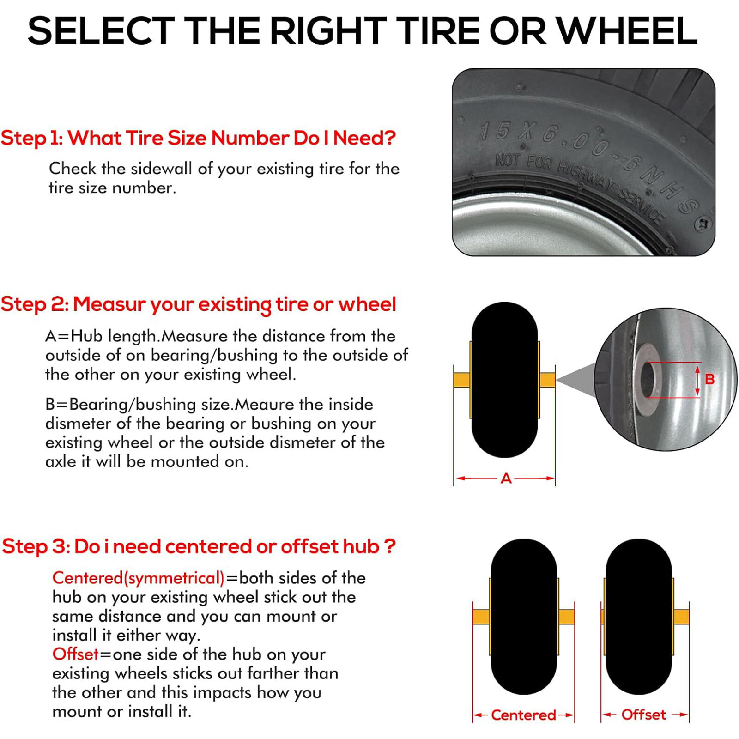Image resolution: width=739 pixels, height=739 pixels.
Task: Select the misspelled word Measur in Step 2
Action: (x=109, y=304)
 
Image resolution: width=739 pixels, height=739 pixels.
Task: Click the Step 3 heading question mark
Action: (x=390, y=546)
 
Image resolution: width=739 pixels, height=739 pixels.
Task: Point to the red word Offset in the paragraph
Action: (x=75, y=654)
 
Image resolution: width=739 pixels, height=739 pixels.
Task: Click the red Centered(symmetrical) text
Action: (x=138, y=578)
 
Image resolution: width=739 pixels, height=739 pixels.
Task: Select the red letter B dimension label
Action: (x=709, y=380)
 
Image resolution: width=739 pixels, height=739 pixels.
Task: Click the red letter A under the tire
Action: (x=506, y=479)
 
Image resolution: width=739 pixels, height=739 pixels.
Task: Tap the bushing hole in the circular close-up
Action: (x=648, y=380)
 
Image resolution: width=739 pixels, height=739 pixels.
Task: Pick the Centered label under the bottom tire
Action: (x=523, y=715)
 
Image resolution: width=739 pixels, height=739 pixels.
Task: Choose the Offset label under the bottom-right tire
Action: (x=643, y=715)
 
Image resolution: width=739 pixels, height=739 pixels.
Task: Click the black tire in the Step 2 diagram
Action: (x=504, y=380)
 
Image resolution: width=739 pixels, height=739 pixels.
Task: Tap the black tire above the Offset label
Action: (x=638, y=617)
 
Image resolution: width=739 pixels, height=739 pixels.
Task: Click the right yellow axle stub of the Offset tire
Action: (x=681, y=617)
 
